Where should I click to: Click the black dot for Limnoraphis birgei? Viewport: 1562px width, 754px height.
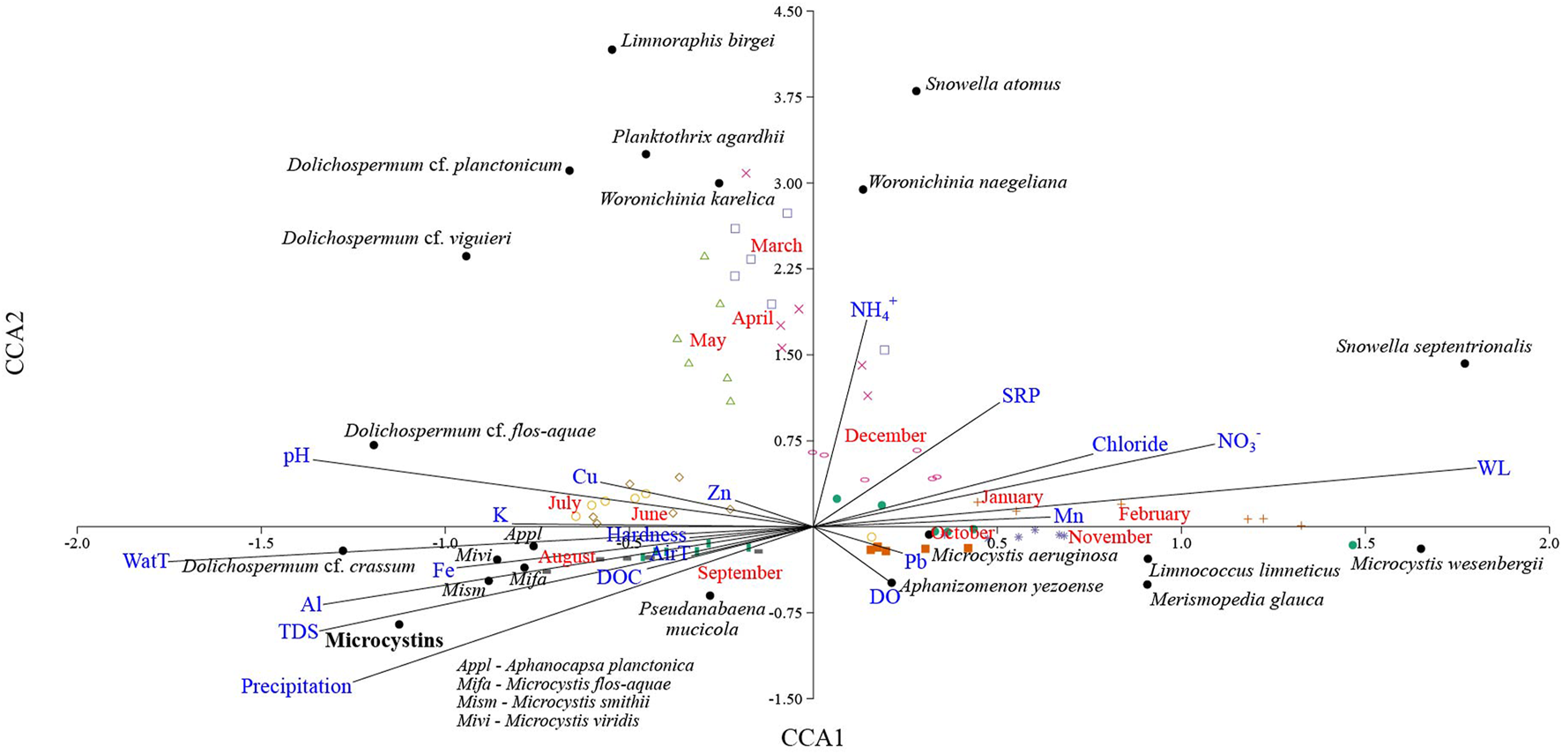click(613, 49)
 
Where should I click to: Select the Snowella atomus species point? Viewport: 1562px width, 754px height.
click(916, 91)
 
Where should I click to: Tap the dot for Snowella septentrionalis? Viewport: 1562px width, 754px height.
click(1465, 363)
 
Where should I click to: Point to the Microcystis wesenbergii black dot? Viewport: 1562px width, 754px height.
click(1421, 549)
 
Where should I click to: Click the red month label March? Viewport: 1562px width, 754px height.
click(776, 246)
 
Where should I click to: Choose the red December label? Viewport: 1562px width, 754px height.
click(885, 436)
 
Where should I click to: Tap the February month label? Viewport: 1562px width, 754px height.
click(1154, 514)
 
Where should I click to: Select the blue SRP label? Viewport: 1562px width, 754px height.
click(1021, 396)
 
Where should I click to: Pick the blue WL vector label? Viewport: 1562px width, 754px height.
click(1493, 469)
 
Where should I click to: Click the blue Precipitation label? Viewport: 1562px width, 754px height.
click(296, 686)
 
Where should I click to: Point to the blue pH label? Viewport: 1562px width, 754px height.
click(296, 456)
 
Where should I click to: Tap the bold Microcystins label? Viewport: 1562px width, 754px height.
click(384, 641)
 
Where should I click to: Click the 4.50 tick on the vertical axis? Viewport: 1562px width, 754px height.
click(787, 11)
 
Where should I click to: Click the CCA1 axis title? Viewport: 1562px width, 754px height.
click(812, 738)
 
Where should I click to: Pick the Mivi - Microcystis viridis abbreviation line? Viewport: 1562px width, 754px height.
click(547, 720)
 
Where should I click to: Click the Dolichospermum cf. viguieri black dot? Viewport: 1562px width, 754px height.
click(466, 257)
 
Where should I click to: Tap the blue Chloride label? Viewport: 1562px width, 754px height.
click(1129, 444)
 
